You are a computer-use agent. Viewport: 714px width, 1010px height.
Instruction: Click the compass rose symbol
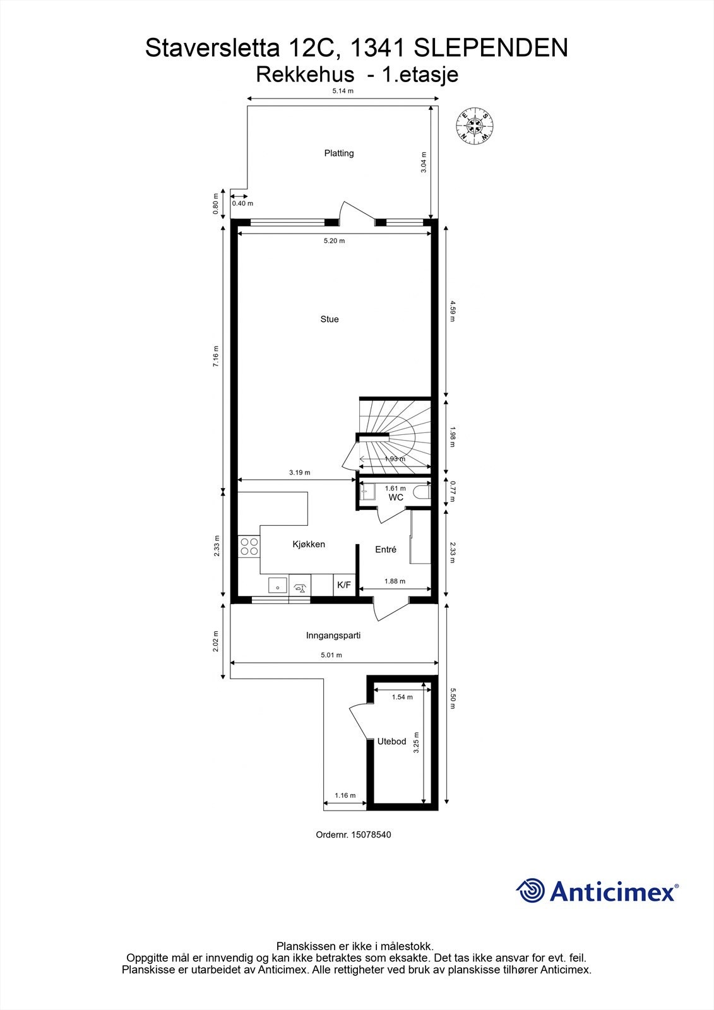coord(475,124)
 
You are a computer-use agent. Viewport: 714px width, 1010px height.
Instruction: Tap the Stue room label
coord(330,319)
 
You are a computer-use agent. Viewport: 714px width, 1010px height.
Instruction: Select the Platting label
coord(339,153)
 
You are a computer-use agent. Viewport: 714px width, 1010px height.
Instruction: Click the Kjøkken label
coord(309,544)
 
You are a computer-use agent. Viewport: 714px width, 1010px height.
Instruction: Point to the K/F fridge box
coord(344,585)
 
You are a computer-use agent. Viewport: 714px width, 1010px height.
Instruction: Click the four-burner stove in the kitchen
coord(249,546)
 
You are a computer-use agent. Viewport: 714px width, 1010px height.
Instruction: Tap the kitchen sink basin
coord(277,586)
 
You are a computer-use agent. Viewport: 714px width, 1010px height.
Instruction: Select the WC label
coord(396,497)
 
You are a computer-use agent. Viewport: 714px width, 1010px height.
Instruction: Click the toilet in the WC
coord(422,492)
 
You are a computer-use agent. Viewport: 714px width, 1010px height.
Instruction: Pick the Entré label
coord(386,550)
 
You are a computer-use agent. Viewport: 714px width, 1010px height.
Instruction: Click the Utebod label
coord(391,741)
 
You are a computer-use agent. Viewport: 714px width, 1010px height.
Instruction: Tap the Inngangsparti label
coord(333,636)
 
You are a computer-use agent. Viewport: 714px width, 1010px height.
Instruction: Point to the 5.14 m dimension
coord(343,91)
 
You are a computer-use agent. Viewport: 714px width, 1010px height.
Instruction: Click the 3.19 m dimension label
coord(300,472)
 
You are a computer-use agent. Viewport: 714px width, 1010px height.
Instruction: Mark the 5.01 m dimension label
coord(331,655)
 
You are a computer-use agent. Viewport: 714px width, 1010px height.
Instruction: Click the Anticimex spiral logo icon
coord(530,891)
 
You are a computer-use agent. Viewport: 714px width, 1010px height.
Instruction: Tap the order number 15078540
coord(371,835)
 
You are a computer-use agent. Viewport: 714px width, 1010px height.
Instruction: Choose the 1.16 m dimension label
coord(345,795)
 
